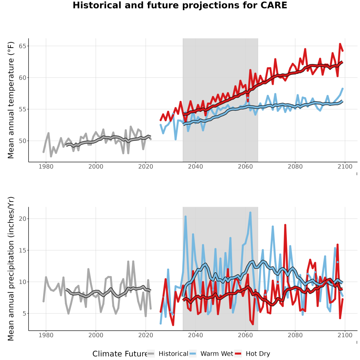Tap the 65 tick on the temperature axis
22,46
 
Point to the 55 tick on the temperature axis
22,109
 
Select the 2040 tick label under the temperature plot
195,166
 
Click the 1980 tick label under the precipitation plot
46,335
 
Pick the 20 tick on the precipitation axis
22,218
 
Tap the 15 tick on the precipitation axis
22,250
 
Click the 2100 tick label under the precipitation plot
345,335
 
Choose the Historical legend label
173,354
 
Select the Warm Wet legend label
217,354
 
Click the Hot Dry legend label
258,354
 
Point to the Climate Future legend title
120,354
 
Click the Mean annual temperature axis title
11,100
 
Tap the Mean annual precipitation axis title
11,269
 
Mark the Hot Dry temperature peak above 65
340,44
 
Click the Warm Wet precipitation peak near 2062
250,212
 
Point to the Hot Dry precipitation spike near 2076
285,225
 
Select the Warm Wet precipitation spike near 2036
186,216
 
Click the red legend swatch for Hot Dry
239,354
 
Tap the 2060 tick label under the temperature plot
245,166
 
